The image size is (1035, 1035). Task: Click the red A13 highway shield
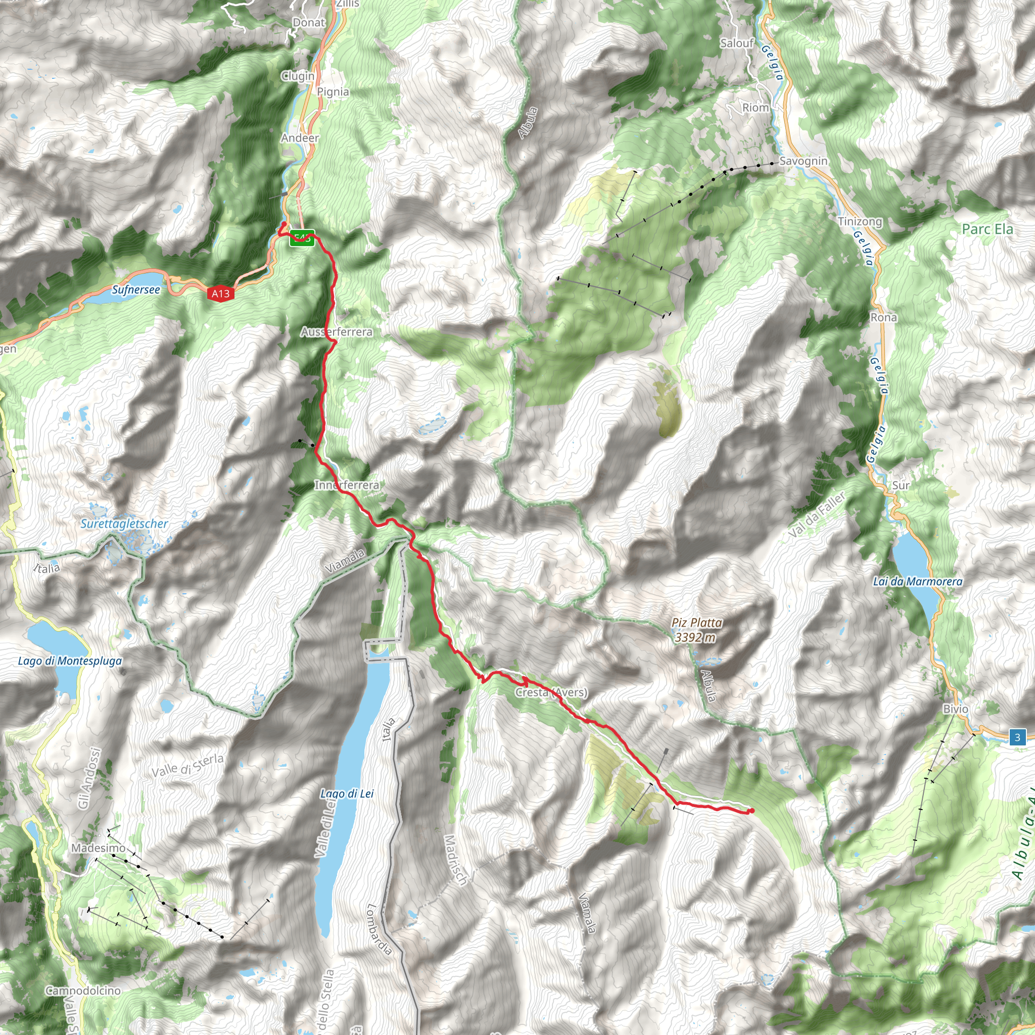[220, 293]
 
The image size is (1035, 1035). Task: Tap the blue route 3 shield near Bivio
[1017, 737]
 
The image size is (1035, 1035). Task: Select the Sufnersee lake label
[136, 290]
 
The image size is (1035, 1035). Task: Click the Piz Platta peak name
[696, 623]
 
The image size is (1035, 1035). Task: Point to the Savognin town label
[803, 161]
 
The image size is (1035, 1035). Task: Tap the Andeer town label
[300, 138]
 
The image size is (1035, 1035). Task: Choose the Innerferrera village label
[347, 485]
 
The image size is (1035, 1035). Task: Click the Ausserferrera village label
[337, 332]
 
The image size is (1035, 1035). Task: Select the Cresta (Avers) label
[551, 693]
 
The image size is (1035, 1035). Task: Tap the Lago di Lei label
[347, 793]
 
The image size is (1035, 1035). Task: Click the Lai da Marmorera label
[918, 581]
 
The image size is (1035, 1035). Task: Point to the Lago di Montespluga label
[70, 661]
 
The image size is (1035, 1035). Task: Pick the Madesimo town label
[99, 848]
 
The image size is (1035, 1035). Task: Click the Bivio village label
[956, 709]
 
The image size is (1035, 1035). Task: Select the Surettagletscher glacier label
[124, 524]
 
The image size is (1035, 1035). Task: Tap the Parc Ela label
[987, 229]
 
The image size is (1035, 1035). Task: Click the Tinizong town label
[860, 221]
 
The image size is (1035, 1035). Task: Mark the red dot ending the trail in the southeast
[751, 811]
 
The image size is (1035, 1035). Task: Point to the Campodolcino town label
[83, 991]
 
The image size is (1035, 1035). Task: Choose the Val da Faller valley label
[817, 514]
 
